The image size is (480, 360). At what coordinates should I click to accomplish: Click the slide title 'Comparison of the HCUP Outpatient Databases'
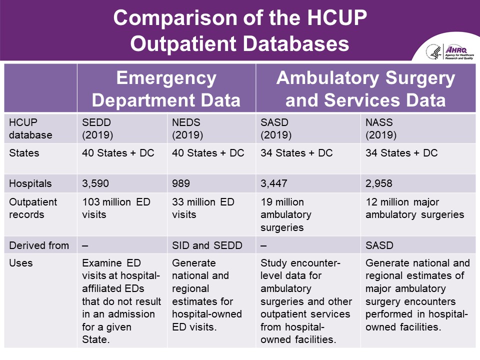[x=240, y=31]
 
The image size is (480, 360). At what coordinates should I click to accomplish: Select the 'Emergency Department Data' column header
[x=166, y=89]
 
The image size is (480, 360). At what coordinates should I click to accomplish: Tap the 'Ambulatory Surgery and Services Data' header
[x=366, y=89]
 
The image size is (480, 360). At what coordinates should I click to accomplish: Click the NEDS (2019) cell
[x=187, y=128]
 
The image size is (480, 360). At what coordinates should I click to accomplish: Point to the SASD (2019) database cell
[x=276, y=128]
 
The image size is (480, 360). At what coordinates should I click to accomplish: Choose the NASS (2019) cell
[x=381, y=128]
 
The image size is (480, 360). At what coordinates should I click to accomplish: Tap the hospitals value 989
[x=181, y=183]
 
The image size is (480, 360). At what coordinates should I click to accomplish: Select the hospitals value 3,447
[x=274, y=183]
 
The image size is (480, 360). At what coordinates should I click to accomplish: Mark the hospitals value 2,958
[x=379, y=183]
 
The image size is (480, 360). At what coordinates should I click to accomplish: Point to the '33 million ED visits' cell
[x=203, y=208]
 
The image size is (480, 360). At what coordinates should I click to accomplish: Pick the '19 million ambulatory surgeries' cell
[x=286, y=214]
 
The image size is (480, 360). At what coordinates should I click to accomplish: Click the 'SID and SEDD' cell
[x=207, y=245]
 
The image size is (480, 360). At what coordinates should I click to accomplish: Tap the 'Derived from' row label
[x=39, y=245]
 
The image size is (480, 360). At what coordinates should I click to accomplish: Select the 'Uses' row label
[x=21, y=263]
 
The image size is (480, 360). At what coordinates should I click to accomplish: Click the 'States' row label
[x=24, y=153]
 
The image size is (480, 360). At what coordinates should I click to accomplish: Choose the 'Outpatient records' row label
[x=33, y=208]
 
